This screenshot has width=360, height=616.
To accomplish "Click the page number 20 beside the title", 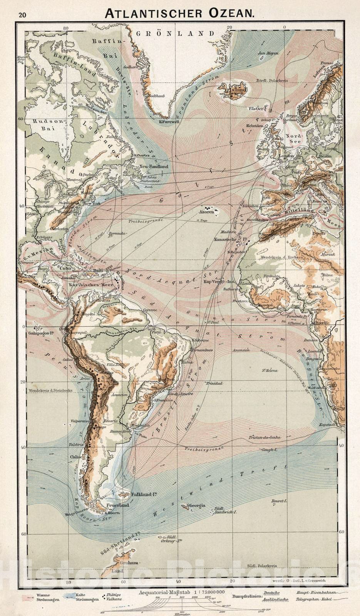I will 22,15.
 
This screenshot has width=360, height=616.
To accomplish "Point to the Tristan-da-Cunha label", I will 264,437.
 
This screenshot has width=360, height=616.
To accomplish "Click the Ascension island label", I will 241,350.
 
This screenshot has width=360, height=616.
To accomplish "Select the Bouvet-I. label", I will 279,501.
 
